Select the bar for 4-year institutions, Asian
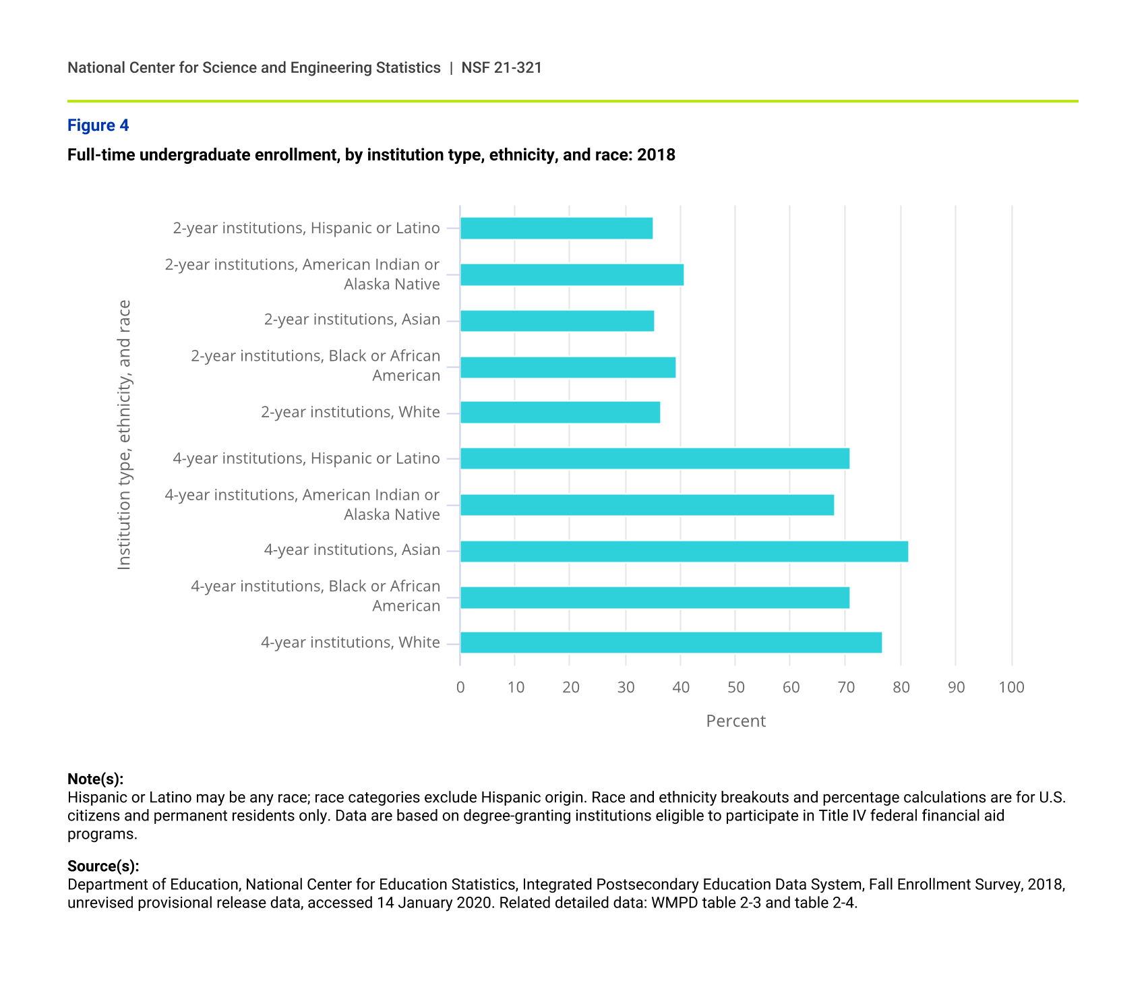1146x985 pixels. [x=684, y=551]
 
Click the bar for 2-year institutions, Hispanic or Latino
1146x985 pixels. [x=556, y=228]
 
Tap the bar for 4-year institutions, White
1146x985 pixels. [x=671, y=643]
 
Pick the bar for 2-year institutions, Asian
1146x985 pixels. [x=557, y=320]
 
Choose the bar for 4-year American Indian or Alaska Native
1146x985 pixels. [x=646, y=505]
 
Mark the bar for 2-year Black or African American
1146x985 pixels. [x=568, y=367]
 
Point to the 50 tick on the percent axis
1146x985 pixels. [x=735, y=687]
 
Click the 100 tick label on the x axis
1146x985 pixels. [x=1011, y=687]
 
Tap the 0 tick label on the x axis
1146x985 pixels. [x=460, y=687]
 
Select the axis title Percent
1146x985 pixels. [x=735, y=721]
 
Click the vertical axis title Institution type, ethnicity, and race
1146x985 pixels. [x=124, y=435]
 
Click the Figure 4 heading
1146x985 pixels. [x=98, y=125]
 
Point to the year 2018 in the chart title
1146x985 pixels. [x=656, y=155]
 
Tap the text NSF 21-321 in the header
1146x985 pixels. [x=502, y=67]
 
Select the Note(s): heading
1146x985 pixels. [x=95, y=779]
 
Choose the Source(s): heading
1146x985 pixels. [x=103, y=866]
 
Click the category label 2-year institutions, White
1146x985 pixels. [x=350, y=412]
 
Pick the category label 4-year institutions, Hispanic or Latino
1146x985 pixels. [x=306, y=458]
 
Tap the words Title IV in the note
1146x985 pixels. [x=843, y=816]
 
